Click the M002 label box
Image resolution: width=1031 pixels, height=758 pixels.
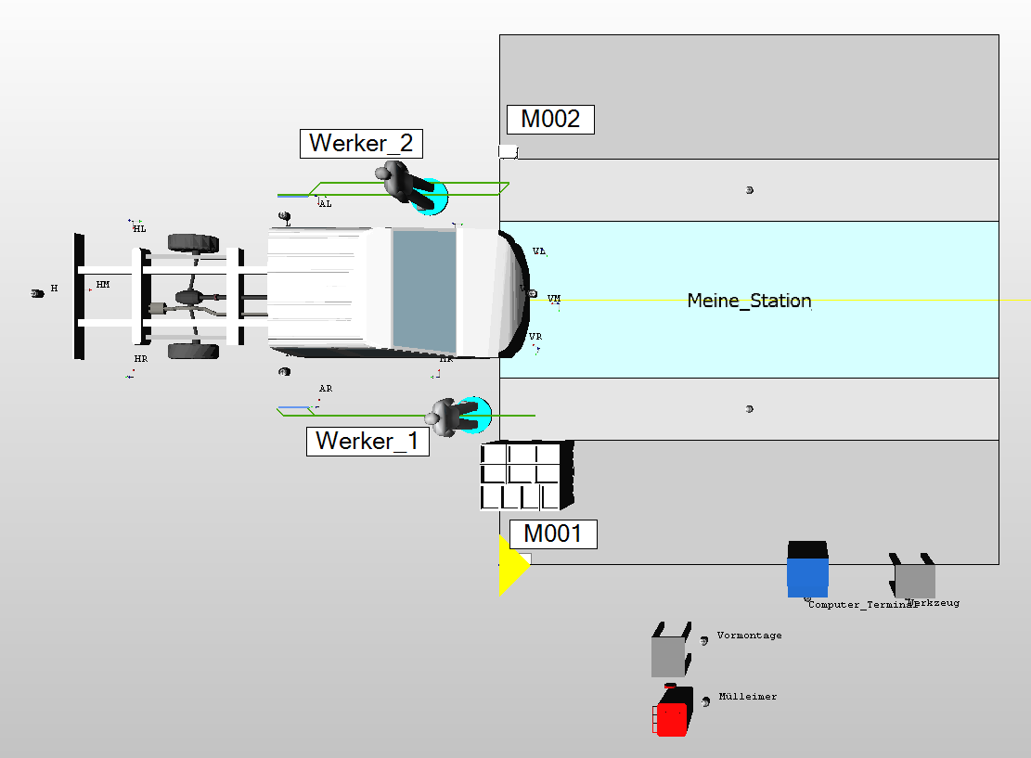(550, 120)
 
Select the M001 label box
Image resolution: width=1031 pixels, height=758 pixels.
(553, 533)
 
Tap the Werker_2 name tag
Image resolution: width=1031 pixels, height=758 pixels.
(361, 144)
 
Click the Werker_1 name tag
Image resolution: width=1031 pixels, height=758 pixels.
(367, 441)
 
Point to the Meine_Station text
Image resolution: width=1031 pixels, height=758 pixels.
(749, 301)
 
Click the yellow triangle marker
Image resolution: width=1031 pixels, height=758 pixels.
(511, 565)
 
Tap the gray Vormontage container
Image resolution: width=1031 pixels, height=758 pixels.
(669, 652)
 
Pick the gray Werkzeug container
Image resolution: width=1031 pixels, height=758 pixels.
(914, 579)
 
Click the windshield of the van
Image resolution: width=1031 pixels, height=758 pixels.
(424, 291)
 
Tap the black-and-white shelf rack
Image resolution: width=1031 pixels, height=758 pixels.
(524, 476)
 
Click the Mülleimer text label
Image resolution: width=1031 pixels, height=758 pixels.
(748, 697)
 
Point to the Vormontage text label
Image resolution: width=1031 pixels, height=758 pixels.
(749, 636)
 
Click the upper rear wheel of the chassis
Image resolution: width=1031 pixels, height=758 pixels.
(193, 243)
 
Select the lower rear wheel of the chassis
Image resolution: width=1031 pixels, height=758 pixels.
(193, 352)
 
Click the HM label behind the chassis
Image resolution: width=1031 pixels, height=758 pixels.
(102, 285)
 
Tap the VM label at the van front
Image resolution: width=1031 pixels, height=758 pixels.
(554, 299)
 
